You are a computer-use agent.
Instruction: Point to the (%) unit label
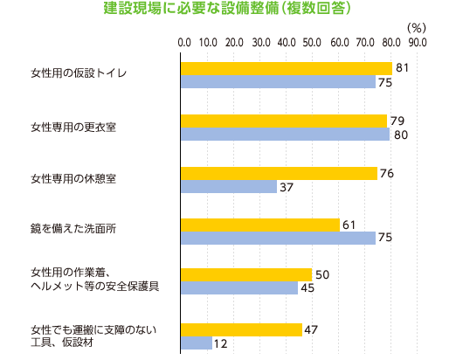point(416,27)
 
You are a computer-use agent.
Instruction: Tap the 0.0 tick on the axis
point(184,42)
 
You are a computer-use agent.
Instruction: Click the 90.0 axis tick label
point(418,42)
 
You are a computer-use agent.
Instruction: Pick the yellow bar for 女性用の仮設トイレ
point(286,68)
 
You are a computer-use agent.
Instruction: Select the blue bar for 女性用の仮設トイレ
point(278,82)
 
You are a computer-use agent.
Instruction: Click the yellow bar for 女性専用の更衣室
point(283,121)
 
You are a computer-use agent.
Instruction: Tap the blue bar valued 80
point(285,135)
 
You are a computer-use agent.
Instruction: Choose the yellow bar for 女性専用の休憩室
point(279,173)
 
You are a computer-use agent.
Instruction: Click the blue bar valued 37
point(229,187)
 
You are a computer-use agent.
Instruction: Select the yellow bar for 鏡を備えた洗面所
point(259,225)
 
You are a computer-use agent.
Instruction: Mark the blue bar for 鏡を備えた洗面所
point(278,239)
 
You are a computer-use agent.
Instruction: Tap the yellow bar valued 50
point(245,274)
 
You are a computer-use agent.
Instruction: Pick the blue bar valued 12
point(197,343)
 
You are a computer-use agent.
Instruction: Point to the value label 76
point(388,173)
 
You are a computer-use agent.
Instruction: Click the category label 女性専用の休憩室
point(73,179)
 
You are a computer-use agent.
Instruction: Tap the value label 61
point(349,225)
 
